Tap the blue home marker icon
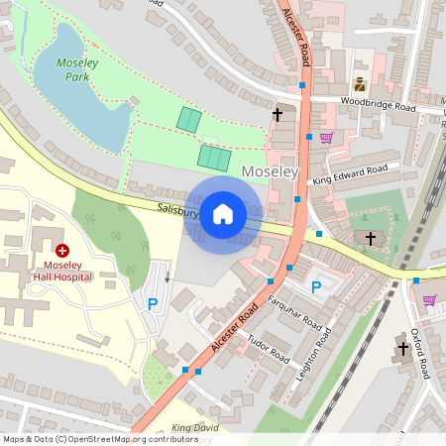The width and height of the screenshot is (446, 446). pos(223,213)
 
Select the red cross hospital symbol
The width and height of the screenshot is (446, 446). pos(62,253)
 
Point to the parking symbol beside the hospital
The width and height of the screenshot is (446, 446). pos(152,304)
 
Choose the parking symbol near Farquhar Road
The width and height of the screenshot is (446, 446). pos(316,287)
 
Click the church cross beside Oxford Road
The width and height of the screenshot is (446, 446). pos(403,348)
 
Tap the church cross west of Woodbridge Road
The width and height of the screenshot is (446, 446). pos(278,115)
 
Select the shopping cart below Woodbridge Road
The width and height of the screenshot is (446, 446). pos(326,137)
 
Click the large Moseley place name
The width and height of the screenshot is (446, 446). pos(270,171)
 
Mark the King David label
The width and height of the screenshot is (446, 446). pos(195,428)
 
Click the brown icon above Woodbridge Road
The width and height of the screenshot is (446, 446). pos(359,85)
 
